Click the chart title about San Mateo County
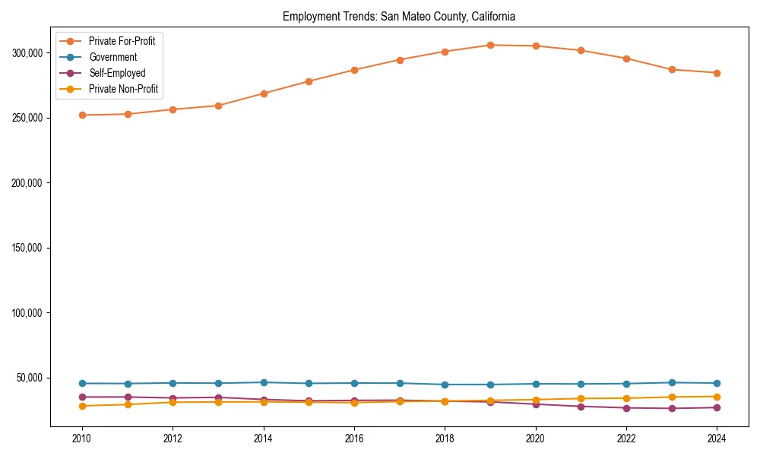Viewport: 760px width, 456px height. [399, 16]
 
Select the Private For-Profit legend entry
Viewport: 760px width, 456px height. [122, 41]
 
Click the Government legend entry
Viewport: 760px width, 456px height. [112, 57]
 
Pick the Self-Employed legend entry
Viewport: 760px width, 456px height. [116, 73]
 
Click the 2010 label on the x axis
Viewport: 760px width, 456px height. [82, 438]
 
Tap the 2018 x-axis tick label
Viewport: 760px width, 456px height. [445, 438]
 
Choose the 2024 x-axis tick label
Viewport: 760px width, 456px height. [717, 438]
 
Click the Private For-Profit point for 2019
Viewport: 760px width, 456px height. [490, 45]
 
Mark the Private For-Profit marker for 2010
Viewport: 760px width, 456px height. [82, 115]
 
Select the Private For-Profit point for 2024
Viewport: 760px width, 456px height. [717, 73]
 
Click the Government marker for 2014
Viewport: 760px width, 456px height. [264, 382]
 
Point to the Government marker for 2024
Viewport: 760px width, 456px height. [717, 383]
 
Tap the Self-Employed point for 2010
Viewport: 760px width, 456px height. [82, 397]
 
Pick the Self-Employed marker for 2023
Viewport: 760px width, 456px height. [671, 408]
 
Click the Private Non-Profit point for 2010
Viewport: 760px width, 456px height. [82, 406]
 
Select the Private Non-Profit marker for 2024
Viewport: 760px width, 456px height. [717, 397]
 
